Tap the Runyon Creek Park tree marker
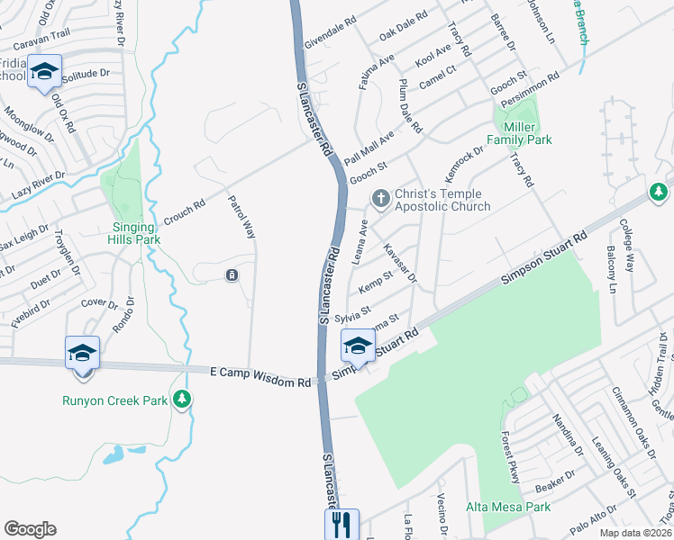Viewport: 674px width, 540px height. click(x=183, y=398)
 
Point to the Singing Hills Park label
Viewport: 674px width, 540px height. click(x=136, y=234)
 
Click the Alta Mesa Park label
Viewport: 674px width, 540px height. click(x=507, y=508)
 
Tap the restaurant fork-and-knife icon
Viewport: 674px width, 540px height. click(x=342, y=524)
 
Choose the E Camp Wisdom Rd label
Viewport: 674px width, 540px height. click(x=260, y=377)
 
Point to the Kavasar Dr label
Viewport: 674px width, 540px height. click(x=398, y=261)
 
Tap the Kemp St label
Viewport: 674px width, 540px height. click(x=377, y=282)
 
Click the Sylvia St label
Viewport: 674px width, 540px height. click(x=353, y=313)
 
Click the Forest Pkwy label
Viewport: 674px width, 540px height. click(x=509, y=462)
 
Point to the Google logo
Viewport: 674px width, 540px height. click(x=30, y=529)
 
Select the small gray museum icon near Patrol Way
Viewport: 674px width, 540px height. click(x=232, y=274)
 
